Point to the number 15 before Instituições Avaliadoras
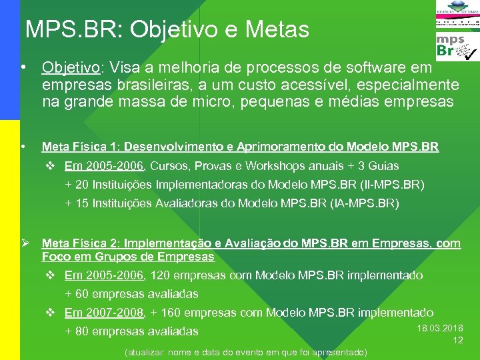pyautogui.click(x=81, y=203)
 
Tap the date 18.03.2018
pyautogui.click(x=440, y=329)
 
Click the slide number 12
pyautogui.click(x=458, y=340)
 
